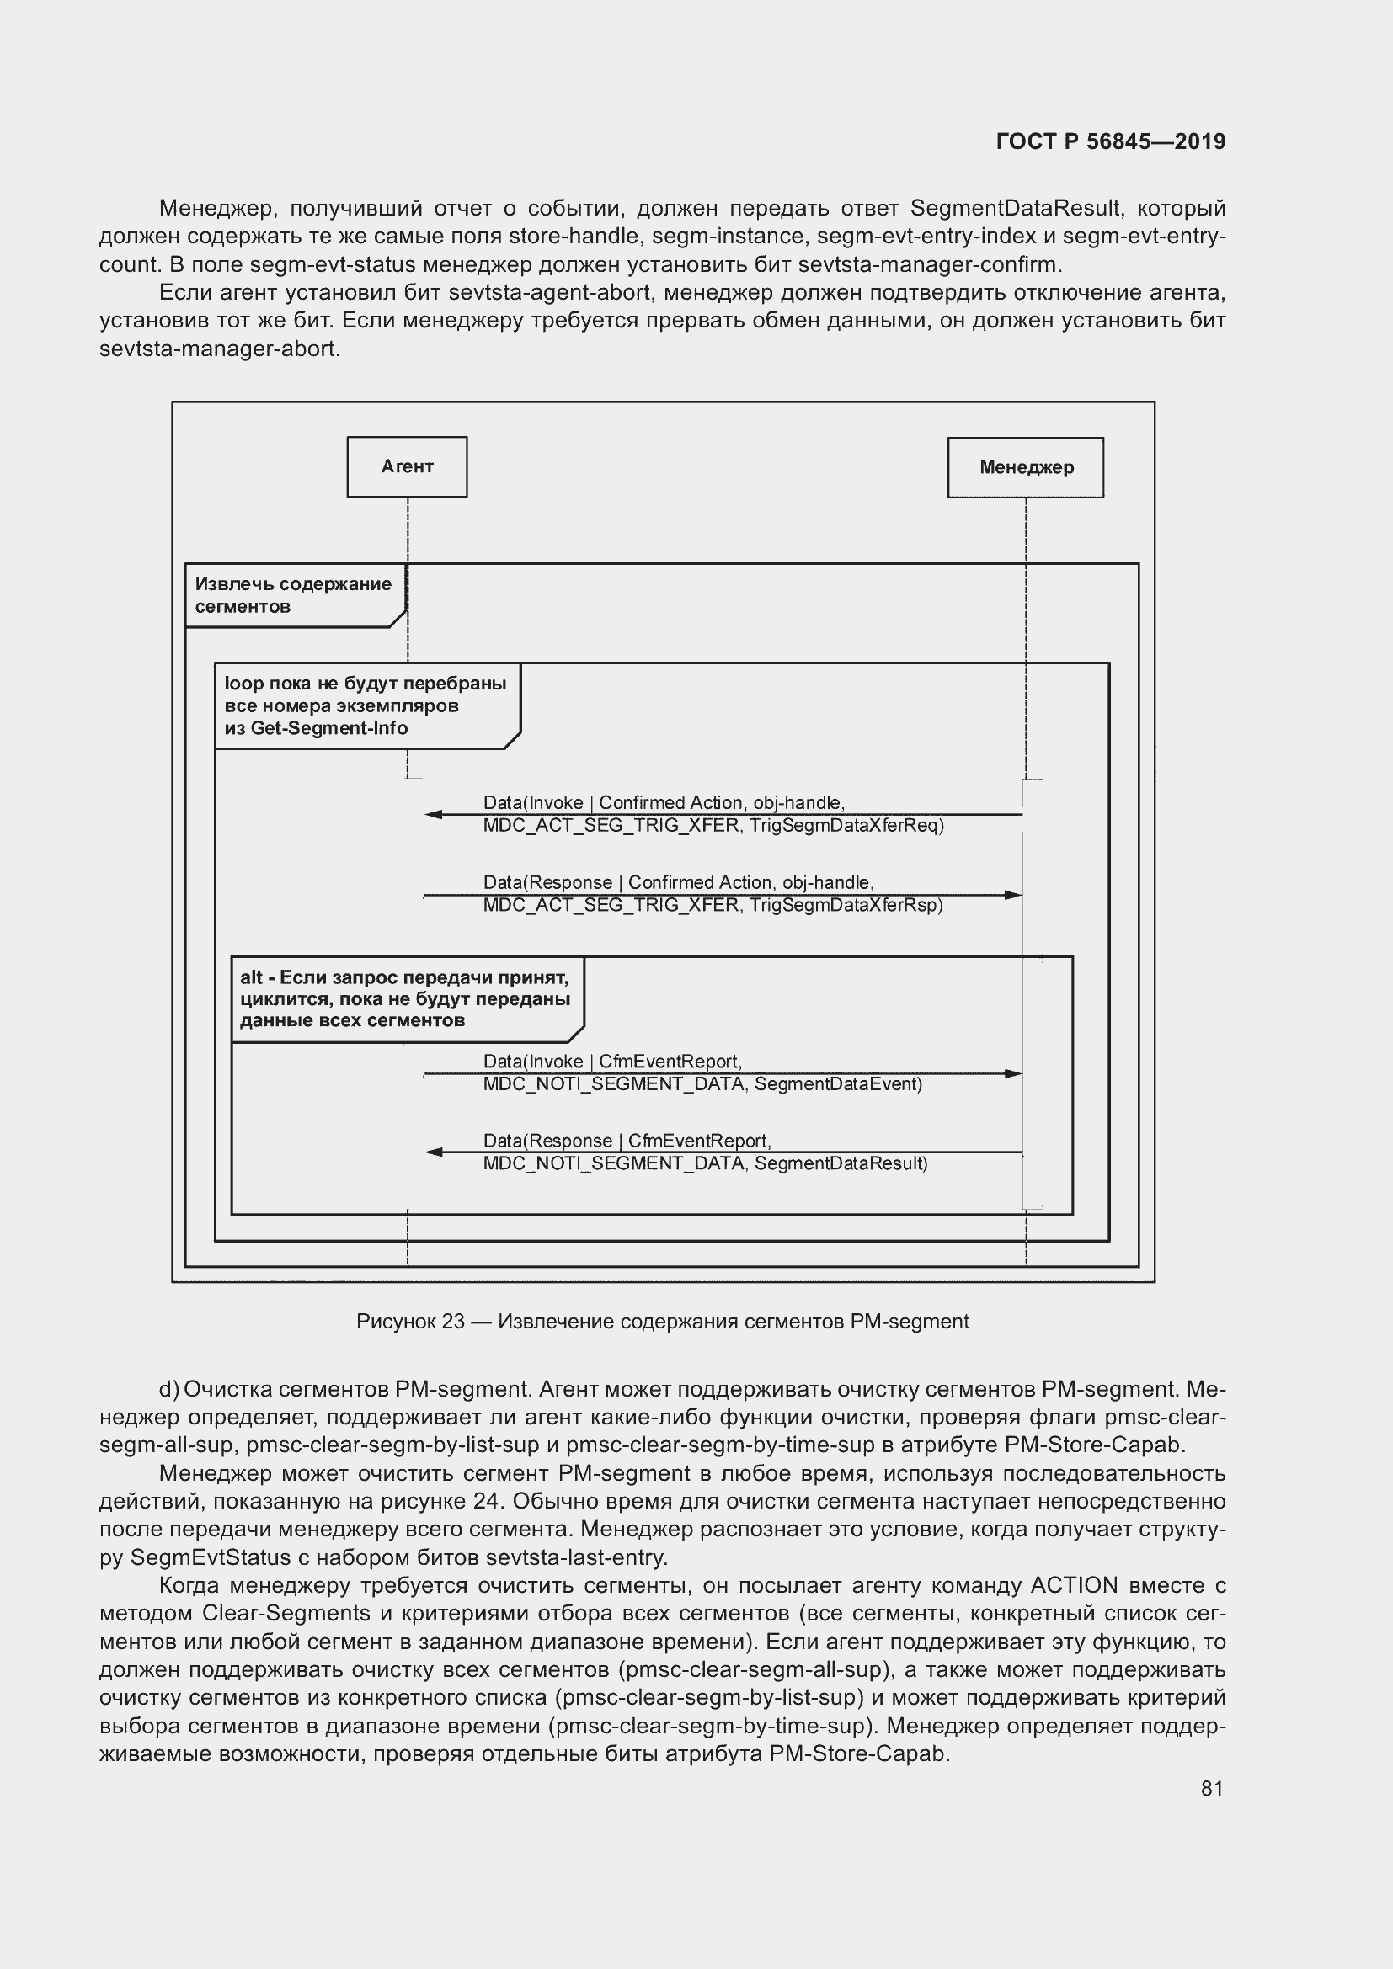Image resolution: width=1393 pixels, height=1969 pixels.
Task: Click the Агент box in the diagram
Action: click(x=407, y=466)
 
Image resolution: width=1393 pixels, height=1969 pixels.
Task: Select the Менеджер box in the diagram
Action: click(x=1025, y=467)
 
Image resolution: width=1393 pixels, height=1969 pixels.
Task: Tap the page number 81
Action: click(x=1211, y=1788)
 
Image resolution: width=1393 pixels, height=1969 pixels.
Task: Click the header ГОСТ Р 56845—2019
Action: click(x=1111, y=141)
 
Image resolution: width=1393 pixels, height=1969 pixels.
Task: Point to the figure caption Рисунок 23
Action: click(x=662, y=1322)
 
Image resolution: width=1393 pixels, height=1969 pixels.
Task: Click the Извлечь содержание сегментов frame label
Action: click(x=292, y=595)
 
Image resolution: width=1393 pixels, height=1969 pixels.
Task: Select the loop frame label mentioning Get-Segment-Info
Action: click(x=365, y=705)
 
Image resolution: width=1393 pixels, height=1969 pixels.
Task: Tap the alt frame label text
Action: click(x=404, y=999)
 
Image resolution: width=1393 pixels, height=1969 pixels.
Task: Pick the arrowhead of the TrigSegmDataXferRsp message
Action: click(x=1014, y=896)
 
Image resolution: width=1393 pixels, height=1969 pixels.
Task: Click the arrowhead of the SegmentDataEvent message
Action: click(x=1014, y=1073)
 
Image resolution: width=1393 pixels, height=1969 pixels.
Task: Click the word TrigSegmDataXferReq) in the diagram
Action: click(x=846, y=826)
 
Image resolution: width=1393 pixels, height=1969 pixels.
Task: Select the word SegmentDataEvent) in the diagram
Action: click(x=838, y=1084)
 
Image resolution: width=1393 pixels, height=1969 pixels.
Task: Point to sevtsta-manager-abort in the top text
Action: click(x=219, y=350)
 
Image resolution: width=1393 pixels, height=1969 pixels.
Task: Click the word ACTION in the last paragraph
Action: click(x=1074, y=1585)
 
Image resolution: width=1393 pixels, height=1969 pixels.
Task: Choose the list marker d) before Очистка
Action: click(x=169, y=1389)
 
